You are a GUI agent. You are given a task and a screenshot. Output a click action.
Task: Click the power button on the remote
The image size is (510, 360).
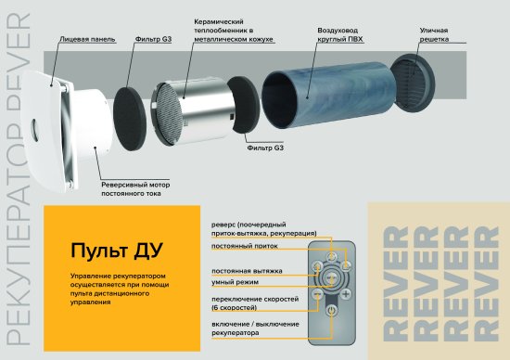(x=331, y=320)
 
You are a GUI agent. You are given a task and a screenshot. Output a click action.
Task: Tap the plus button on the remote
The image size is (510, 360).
(x=346, y=295)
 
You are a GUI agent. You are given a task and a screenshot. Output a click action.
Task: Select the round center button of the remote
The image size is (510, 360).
(x=331, y=277)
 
